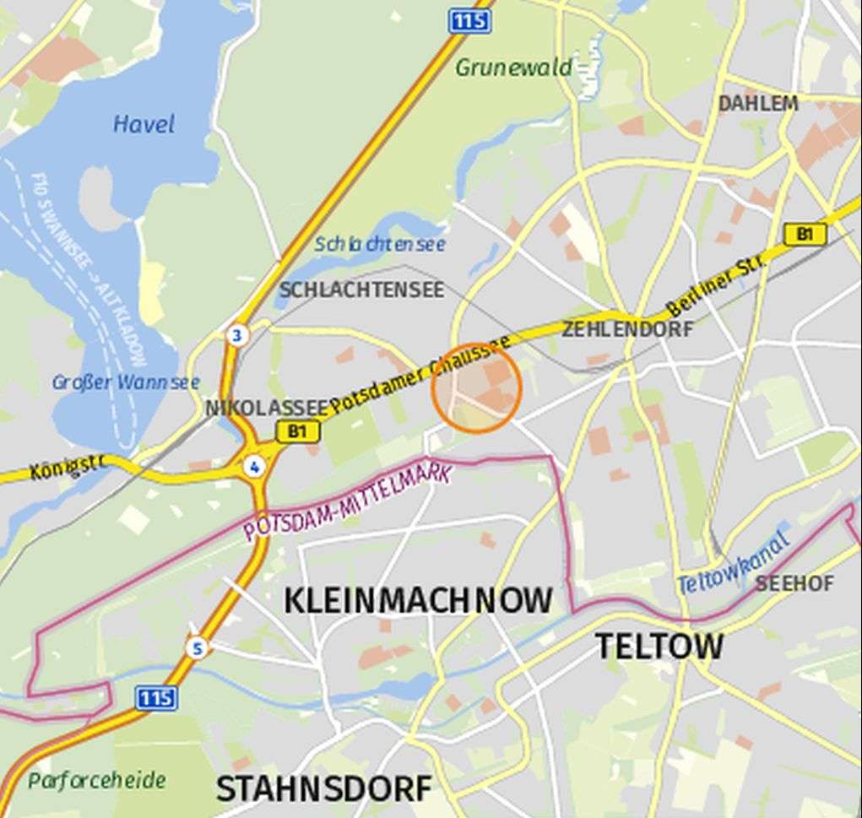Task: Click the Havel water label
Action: [144, 125]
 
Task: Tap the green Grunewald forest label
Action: [513, 68]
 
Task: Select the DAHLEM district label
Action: [757, 104]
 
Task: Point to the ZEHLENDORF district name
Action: [627, 329]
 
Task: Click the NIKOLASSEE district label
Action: [266, 409]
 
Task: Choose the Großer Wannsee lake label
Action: [126, 382]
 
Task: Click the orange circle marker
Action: [477, 389]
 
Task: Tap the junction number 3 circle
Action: [237, 336]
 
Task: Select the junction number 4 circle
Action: [253, 467]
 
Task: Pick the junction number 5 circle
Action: [198, 648]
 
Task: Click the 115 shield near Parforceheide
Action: [156, 698]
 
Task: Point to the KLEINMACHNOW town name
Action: [418, 601]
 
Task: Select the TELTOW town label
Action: [659, 647]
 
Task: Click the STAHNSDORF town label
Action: [324, 789]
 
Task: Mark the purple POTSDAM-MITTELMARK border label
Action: [347, 503]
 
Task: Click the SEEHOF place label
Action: [794, 583]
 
